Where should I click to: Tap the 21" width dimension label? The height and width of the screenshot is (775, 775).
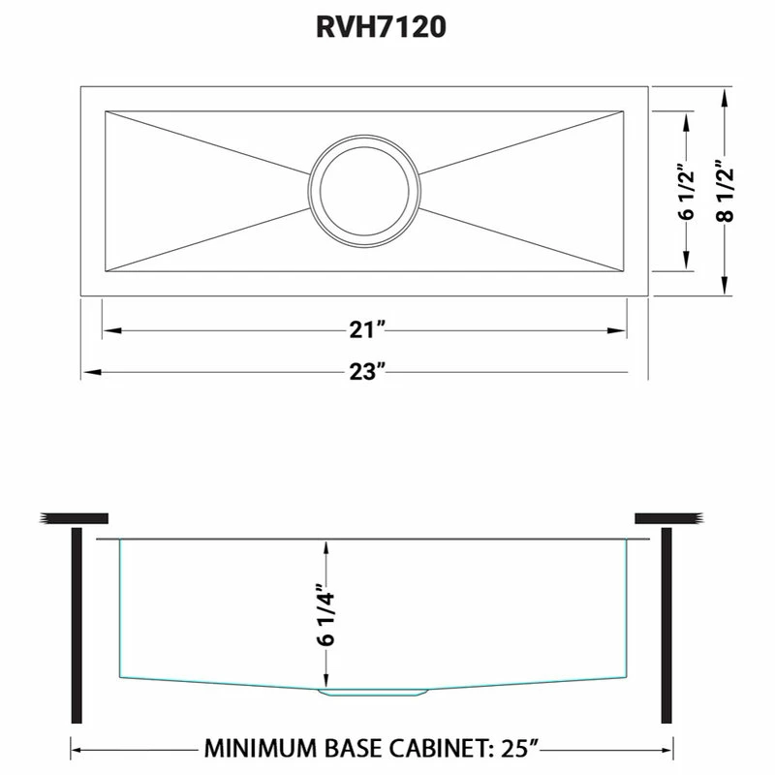(368, 330)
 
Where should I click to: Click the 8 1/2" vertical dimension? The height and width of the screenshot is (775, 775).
(725, 191)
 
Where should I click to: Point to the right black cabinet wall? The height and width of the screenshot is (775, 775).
(666, 624)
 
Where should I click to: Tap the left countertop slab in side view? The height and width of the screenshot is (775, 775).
(74, 517)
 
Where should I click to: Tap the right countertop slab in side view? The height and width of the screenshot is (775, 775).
(668, 517)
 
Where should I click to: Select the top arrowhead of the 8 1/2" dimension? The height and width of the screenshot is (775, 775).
(725, 94)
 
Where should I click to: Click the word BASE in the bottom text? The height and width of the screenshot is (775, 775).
(365, 749)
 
